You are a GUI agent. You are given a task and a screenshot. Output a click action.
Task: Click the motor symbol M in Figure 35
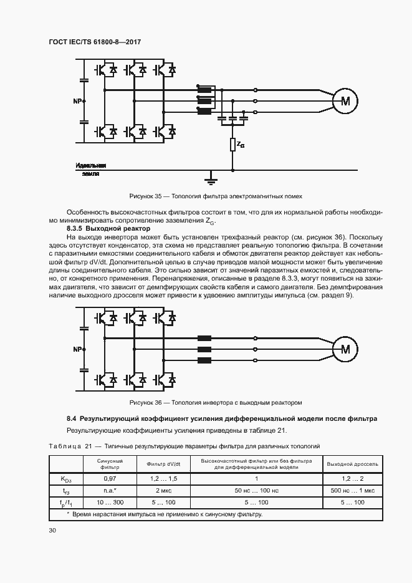pyautogui.click(x=345, y=100)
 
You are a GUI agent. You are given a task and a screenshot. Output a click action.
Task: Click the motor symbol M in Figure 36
pyautogui.click(x=345, y=349)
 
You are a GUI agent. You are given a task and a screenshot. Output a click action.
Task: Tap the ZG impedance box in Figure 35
pyautogui.click(x=232, y=145)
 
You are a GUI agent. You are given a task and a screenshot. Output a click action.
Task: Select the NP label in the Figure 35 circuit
pyautogui.click(x=77, y=100)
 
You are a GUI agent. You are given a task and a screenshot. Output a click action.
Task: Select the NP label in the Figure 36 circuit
pyautogui.click(x=77, y=349)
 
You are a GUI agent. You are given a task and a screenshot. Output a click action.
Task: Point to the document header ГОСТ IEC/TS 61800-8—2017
pyautogui.click(x=95, y=41)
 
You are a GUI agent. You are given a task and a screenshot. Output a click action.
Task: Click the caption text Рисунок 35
pyautogui.click(x=145, y=196)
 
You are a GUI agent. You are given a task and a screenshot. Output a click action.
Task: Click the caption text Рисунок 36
pyautogui.click(x=145, y=402)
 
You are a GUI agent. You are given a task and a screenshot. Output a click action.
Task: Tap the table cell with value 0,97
pyautogui.click(x=110, y=478)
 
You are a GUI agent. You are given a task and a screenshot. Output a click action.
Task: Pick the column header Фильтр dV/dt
pyautogui.click(x=163, y=464)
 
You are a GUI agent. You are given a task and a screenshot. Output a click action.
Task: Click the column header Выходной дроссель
pyautogui.click(x=353, y=464)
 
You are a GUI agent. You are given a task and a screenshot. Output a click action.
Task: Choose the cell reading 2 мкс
pyautogui.click(x=163, y=490)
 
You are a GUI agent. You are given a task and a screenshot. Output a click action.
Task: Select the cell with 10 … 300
pyautogui.click(x=110, y=502)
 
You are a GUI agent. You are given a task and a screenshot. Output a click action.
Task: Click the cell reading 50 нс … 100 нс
pyautogui.click(x=256, y=490)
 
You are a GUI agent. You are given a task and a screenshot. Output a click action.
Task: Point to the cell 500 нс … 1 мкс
pyautogui.click(x=353, y=490)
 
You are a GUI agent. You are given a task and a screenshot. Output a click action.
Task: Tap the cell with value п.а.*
pyautogui.click(x=110, y=490)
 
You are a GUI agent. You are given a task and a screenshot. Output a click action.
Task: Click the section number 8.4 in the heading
pyautogui.click(x=72, y=418)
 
